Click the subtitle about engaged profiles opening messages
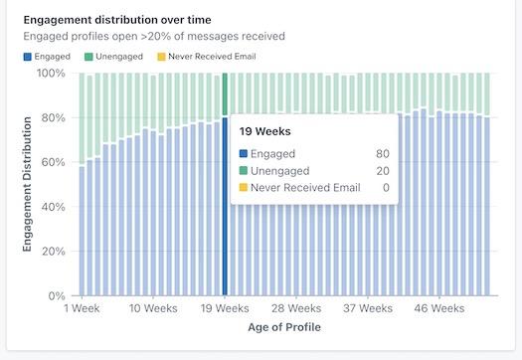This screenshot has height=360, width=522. [154, 36]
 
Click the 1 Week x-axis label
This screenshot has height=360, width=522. [83, 310]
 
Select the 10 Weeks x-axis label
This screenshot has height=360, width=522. [154, 310]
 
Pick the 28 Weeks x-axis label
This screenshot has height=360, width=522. [297, 310]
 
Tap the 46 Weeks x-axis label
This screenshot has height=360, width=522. [440, 310]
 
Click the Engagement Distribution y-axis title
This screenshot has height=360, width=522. [28, 184]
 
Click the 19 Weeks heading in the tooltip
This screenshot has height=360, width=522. [263, 130]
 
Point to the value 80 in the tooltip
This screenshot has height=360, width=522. [383, 154]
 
